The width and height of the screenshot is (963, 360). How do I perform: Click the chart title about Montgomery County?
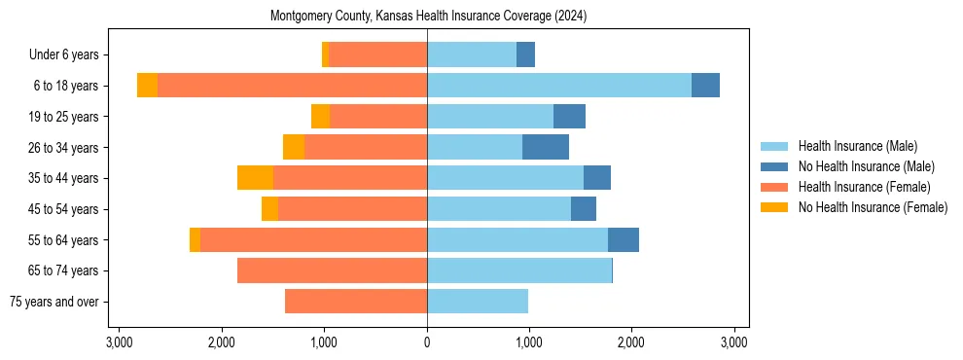pos(427,17)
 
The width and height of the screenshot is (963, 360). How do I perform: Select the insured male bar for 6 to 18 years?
pos(559,86)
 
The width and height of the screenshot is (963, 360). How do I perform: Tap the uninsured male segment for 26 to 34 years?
pos(546,147)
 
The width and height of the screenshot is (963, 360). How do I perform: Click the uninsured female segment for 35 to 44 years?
pos(255,178)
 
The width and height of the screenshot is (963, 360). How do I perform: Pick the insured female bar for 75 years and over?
pos(356,302)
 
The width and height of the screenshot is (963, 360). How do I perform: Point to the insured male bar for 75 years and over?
pos(478,302)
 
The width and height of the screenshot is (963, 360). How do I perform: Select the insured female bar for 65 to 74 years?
pos(332,270)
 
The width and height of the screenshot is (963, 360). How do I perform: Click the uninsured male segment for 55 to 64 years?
pos(624,239)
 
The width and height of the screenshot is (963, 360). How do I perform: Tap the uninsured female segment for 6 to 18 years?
pos(147,86)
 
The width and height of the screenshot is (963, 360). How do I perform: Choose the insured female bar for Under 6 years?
pos(377,54)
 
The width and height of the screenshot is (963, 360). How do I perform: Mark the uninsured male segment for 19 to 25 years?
pos(569,117)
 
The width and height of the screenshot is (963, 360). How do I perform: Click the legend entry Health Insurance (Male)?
pos(857,146)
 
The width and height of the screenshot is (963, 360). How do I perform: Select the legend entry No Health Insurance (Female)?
pos(873,207)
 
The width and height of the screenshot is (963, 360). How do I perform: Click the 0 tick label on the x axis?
pos(427,342)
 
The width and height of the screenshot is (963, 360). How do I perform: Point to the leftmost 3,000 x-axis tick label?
pos(119,342)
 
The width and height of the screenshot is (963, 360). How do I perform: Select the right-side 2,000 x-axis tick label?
pos(631,342)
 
